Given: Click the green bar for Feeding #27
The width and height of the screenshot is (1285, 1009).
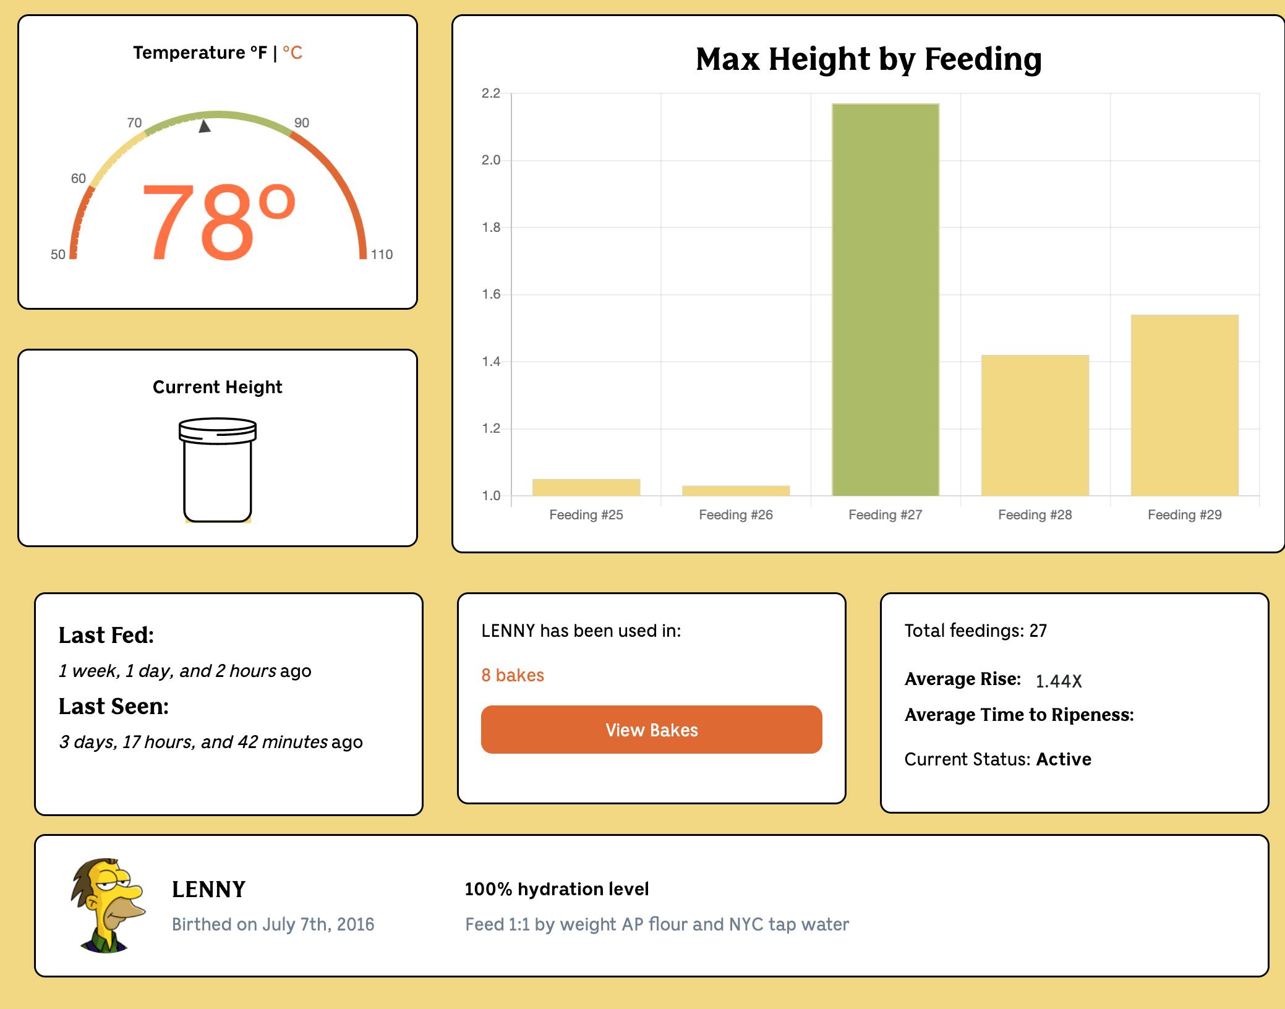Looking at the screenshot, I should (885, 300).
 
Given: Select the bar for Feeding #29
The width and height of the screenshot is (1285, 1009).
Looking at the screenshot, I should (1184, 405).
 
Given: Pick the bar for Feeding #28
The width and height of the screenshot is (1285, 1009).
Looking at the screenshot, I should (1035, 425).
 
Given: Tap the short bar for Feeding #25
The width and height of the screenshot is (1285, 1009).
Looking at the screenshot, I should (586, 487).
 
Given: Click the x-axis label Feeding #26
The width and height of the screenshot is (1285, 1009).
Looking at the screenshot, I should (735, 515).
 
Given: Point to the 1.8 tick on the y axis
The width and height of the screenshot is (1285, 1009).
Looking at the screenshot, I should (491, 228).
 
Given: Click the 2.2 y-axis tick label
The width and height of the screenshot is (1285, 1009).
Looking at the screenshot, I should (491, 93).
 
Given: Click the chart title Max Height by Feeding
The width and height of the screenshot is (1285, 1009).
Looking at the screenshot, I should (868, 59).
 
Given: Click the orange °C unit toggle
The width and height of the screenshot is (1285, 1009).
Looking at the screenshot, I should (292, 53).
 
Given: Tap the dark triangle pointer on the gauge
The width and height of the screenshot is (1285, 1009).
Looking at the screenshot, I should (205, 126).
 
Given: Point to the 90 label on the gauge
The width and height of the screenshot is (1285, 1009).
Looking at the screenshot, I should (301, 122).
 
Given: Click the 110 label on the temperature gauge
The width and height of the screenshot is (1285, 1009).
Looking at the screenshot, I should (382, 254).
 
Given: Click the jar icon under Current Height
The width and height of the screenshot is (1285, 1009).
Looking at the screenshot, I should (218, 470).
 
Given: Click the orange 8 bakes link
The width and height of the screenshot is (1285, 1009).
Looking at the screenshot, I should (513, 675).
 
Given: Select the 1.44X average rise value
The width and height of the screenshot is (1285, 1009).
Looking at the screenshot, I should (1058, 681).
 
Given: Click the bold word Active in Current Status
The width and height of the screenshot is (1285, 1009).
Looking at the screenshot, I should (1064, 759).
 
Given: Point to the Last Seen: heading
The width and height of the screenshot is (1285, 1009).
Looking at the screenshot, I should (114, 707).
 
